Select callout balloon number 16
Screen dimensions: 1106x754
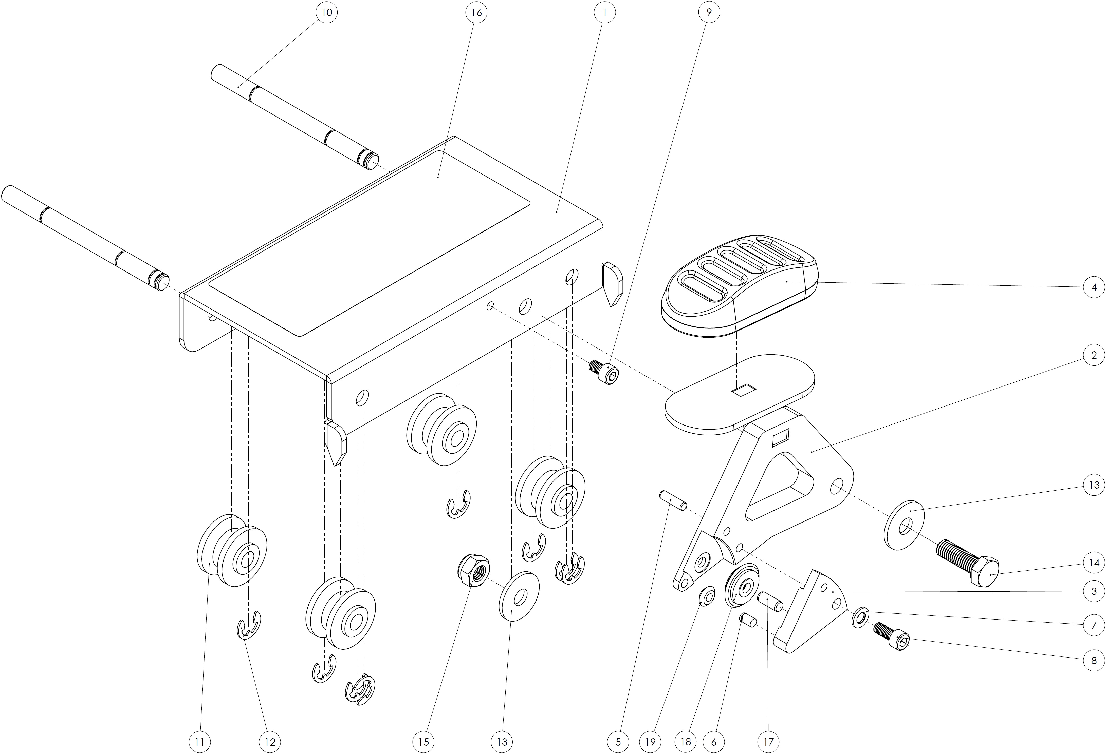tap(476, 12)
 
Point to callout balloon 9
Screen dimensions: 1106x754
tap(709, 12)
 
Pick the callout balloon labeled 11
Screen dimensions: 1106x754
tap(200, 742)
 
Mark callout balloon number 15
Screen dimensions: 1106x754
tap(423, 742)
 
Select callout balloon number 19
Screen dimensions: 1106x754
tap(651, 742)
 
